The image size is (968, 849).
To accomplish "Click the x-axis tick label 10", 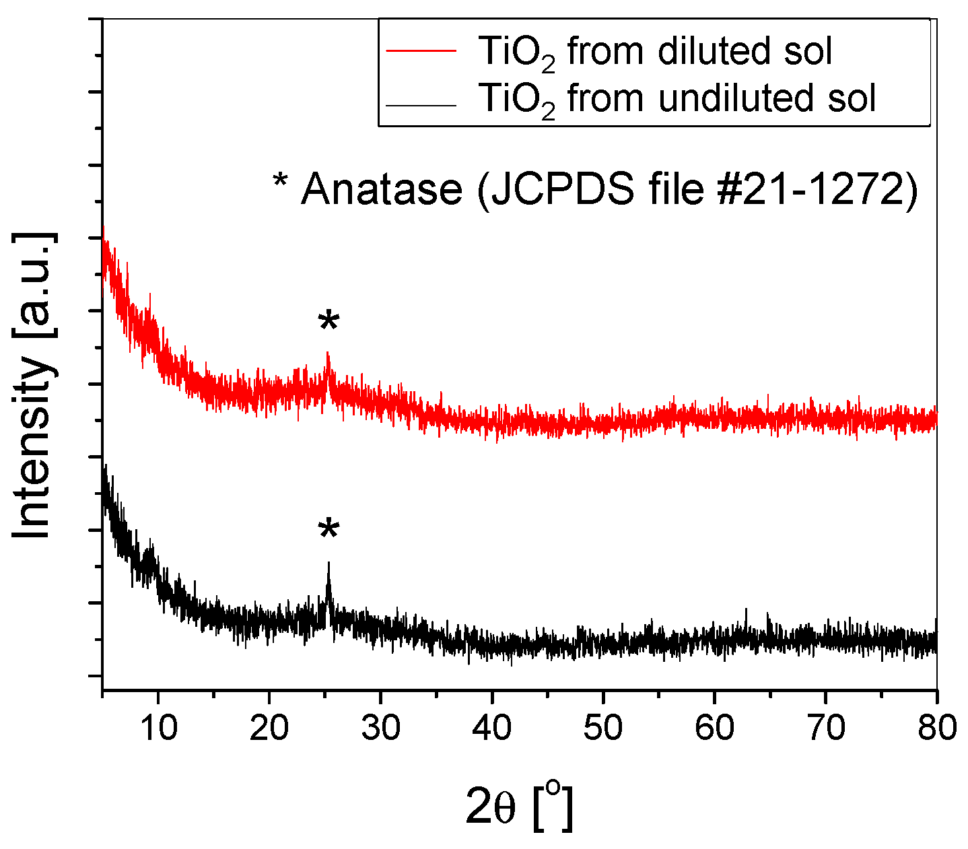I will coord(158,728).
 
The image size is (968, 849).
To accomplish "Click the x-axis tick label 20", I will coord(269,728).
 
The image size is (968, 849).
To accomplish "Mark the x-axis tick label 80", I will coord(935,728).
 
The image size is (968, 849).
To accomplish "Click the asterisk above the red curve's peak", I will coord(329,322).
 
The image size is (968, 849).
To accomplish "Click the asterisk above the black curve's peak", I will coord(329,530).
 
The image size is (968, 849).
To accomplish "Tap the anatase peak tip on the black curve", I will coord(329,564).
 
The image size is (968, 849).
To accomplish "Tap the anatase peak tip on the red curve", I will coord(328,353).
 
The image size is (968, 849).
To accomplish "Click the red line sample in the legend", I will coord(421,52).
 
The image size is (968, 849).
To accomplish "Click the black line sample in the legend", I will coord(421,105).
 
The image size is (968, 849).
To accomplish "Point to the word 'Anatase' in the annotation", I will coord(382,190).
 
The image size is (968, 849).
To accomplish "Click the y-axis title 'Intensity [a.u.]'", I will coord(32,385).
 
